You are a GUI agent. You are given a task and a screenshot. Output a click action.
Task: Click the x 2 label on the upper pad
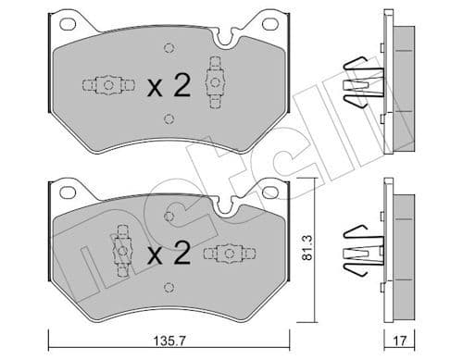coord(169,86)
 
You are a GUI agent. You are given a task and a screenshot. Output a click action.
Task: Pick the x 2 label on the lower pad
coord(169,252)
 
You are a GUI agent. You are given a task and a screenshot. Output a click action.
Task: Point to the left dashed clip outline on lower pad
coord(119,244)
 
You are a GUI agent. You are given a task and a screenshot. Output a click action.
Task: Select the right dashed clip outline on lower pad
coord(228,251)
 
